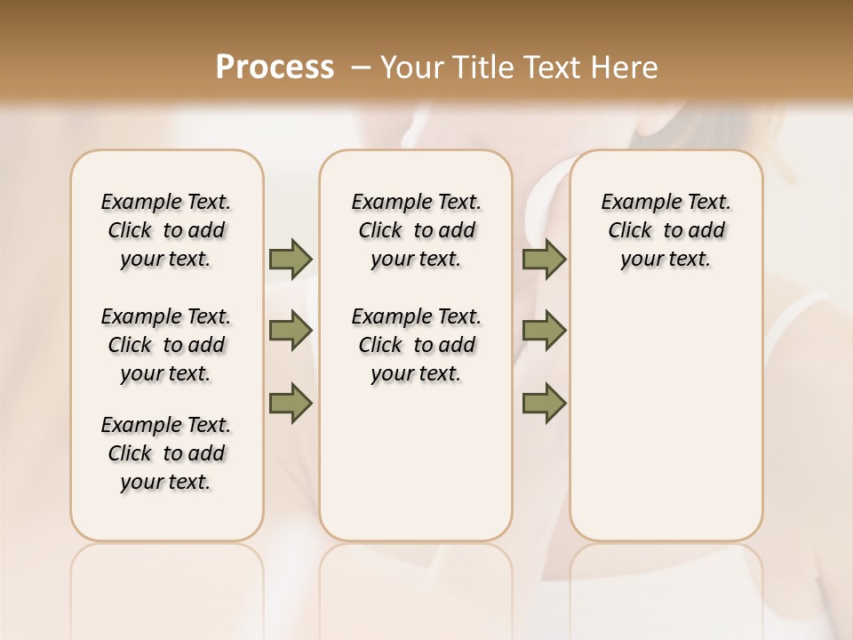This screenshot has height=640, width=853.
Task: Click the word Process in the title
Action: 275,67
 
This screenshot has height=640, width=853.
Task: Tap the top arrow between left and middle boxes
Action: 291,259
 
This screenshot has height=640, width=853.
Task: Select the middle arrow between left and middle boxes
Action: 291,332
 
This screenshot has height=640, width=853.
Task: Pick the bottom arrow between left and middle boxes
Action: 291,404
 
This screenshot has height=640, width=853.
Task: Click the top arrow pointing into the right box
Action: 544,259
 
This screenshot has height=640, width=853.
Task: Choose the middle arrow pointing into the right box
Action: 544,332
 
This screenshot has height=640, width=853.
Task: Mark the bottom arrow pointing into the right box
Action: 544,404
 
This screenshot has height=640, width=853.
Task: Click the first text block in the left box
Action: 166,230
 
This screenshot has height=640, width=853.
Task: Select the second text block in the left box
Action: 166,345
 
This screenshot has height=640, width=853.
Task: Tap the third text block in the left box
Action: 166,453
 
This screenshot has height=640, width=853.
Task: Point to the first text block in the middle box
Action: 416,230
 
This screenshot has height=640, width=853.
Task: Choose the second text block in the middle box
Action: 416,345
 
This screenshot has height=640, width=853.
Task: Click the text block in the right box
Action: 666,230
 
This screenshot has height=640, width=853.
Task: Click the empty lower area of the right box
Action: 666,427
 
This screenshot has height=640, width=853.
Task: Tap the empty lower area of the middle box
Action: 416,462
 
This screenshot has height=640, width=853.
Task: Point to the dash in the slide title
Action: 360,67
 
